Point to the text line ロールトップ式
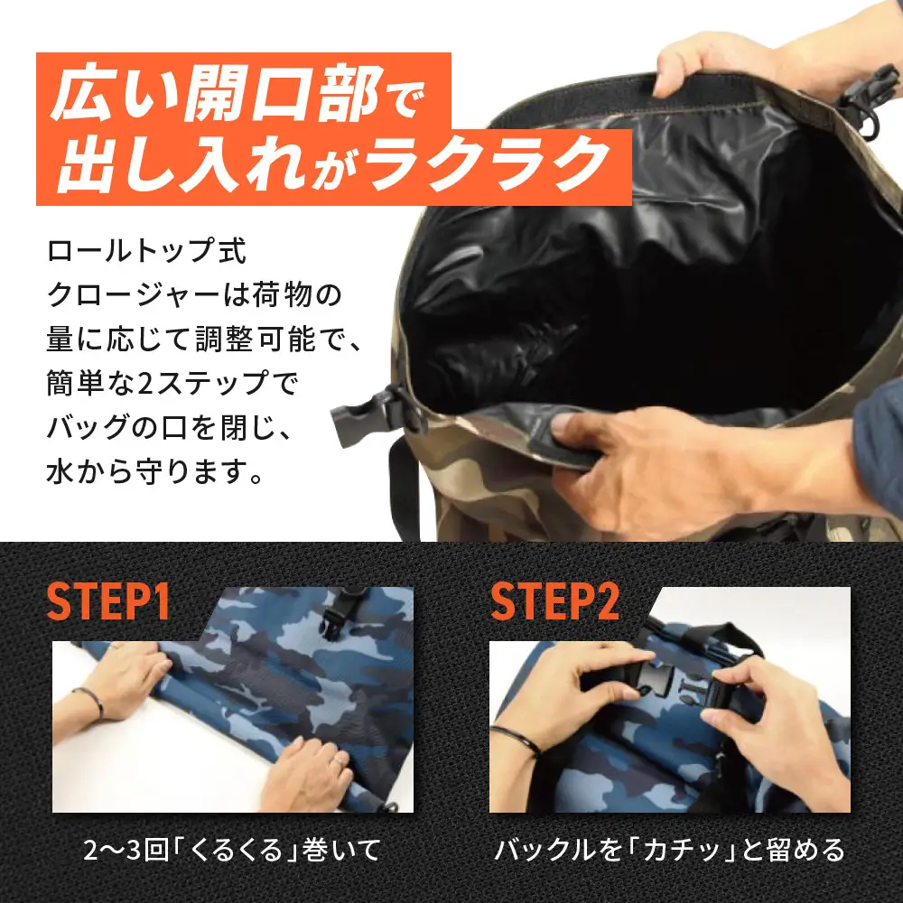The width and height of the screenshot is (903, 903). click(x=144, y=250)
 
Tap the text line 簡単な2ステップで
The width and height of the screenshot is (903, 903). click(x=172, y=383)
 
